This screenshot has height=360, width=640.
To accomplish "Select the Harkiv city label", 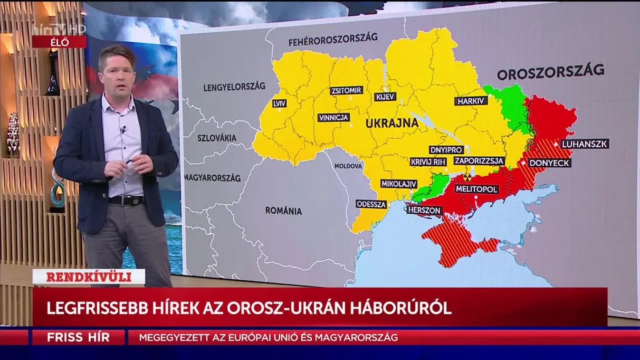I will [x=470, y=101].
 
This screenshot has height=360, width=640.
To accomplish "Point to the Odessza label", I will [x=372, y=204].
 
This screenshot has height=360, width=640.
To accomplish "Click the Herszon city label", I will [x=424, y=210].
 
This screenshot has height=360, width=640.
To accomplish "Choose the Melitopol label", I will [x=477, y=189].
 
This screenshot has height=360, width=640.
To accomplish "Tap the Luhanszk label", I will [x=584, y=144].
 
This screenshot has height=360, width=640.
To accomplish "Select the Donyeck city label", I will [x=549, y=163].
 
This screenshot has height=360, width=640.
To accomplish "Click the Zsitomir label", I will [x=347, y=90].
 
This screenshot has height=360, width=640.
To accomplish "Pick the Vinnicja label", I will [x=334, y=117].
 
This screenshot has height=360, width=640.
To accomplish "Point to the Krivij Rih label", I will [x=429, y=161].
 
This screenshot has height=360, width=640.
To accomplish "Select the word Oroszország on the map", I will [x=550, y=73].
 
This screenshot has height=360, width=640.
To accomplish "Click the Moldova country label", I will [x=348, y=166].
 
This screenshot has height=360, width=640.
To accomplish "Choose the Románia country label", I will [x=283, y=210].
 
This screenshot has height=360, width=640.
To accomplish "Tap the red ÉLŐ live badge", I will [x=59, y=42].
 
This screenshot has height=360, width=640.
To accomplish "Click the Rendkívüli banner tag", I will [x=89, y=276].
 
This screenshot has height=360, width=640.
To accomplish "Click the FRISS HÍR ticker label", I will [x=78, y=338].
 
